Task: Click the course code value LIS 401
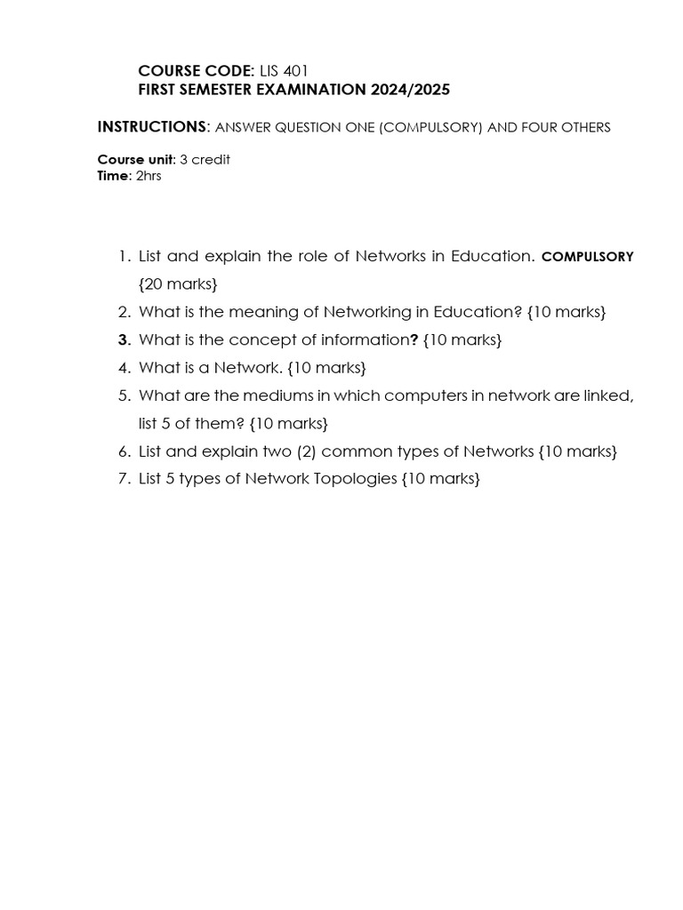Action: [x=284, y=71]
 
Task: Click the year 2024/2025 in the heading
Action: [x=410, y=90]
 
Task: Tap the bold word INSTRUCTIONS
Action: [x=151, y=127]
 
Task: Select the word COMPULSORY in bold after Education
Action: [x=588, y=257]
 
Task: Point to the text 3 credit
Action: [x=205, y=160]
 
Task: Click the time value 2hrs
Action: [x=148, y=176]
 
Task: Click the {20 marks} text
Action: [x=178, y=284]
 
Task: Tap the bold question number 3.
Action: [x=124, y=339]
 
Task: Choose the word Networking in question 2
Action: [x=364, y=312]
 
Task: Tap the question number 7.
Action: [x=124, y=478]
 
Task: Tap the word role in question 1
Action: [x=313, y=256]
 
